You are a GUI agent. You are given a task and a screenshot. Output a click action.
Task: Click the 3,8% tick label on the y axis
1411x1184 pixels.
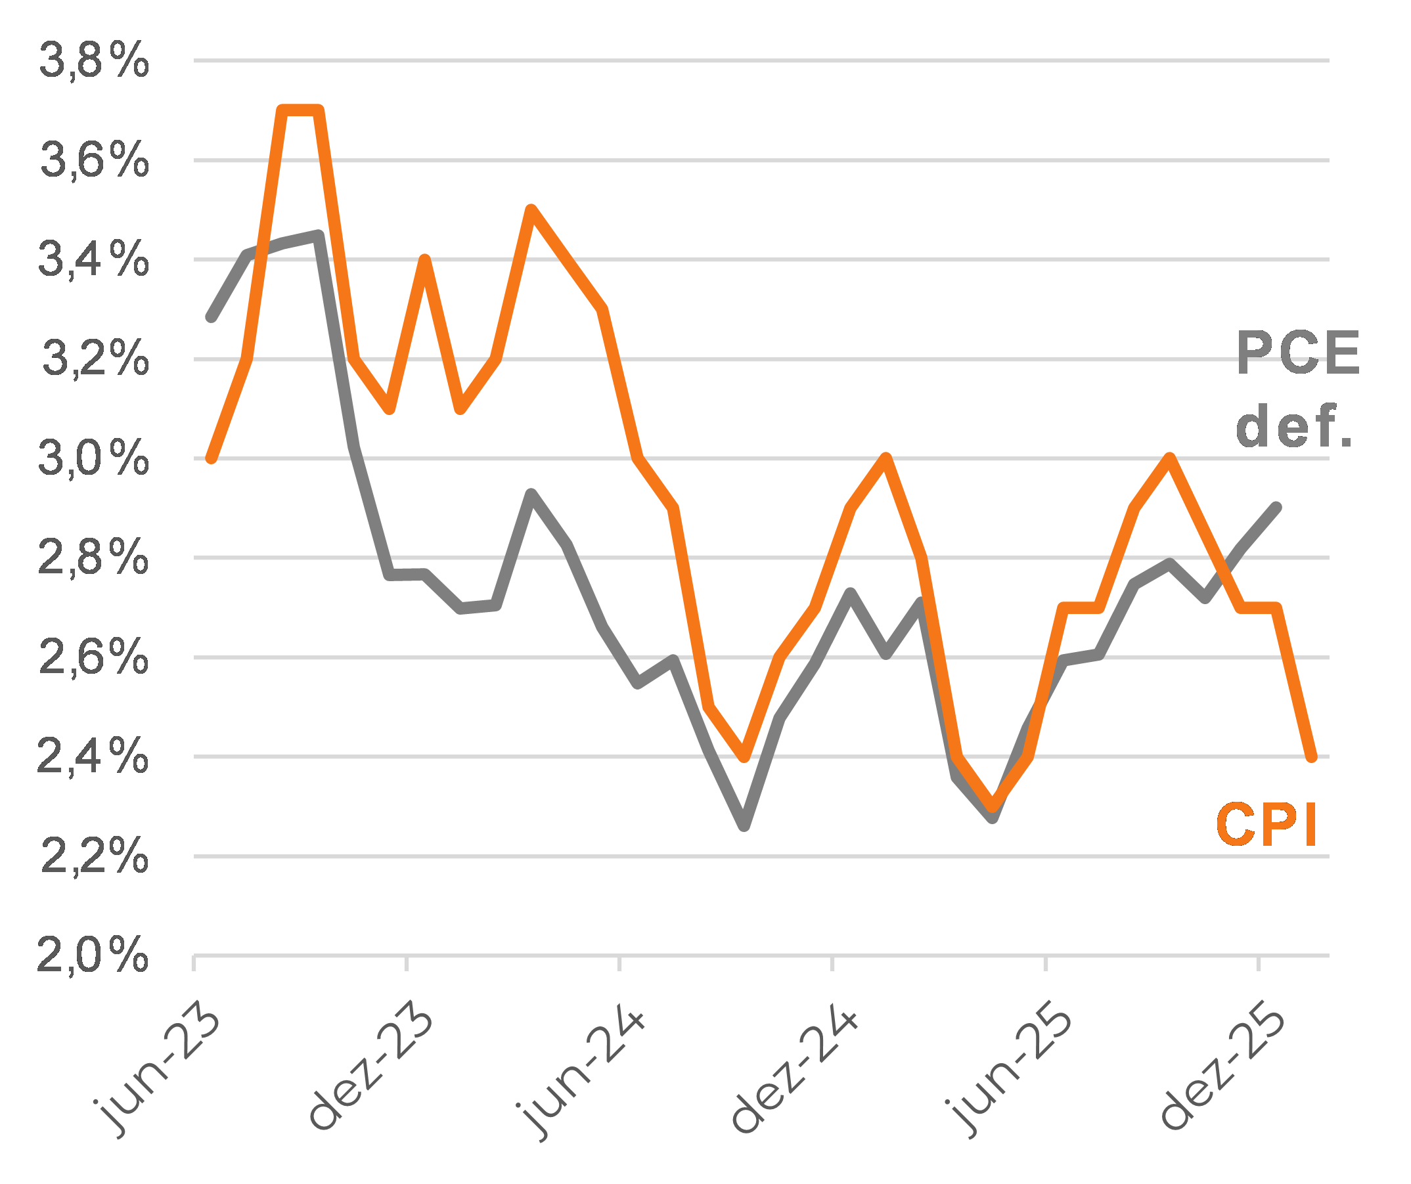pos(94,60)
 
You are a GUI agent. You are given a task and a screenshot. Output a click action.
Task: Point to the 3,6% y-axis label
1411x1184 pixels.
pos(94,160)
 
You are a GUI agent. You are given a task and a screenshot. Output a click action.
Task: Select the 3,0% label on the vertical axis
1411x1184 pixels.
pos(94,460)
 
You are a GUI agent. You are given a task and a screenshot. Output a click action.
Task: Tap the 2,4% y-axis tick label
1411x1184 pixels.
pos(93,757)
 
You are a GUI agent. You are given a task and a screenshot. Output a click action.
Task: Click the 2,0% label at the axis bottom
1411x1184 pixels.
pos(93,955)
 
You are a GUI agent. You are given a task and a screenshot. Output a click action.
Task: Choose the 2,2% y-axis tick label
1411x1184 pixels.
pos(94,857)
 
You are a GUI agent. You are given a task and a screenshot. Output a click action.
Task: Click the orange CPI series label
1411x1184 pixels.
pos(1266,825)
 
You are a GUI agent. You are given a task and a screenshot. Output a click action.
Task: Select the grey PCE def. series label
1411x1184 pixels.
pos(1297,389)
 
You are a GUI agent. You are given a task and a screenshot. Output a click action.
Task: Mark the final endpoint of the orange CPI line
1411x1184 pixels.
pos(1311,757)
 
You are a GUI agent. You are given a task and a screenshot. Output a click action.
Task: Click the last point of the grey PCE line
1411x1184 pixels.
pos(1276,508)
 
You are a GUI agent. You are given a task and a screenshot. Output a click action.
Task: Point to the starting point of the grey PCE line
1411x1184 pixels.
pos(212,317)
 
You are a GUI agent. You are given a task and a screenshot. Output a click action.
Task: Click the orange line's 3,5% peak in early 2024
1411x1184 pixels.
pos(531,210)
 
